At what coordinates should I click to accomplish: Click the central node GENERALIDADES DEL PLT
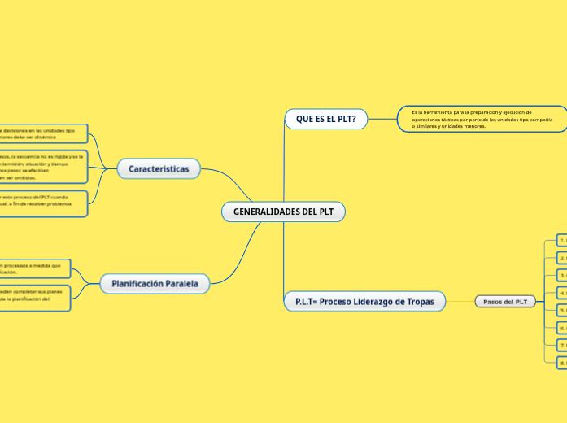tap(283, 211)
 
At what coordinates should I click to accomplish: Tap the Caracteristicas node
tap(158, 169)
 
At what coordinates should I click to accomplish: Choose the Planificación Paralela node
tap(155, 283)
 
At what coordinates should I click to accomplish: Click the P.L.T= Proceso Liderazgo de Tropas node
tap(364, 301)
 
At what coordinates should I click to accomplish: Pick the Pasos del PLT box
tap(504, 302)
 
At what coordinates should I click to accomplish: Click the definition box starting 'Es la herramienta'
tap(482, 119)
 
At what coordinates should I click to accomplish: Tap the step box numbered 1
tap(561, 240)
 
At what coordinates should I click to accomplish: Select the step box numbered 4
tap(561, 292)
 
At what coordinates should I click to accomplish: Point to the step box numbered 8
tap(561, 362)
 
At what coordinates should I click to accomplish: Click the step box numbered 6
tap(561, 327)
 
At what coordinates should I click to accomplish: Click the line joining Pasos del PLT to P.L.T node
tap(460, 302)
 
